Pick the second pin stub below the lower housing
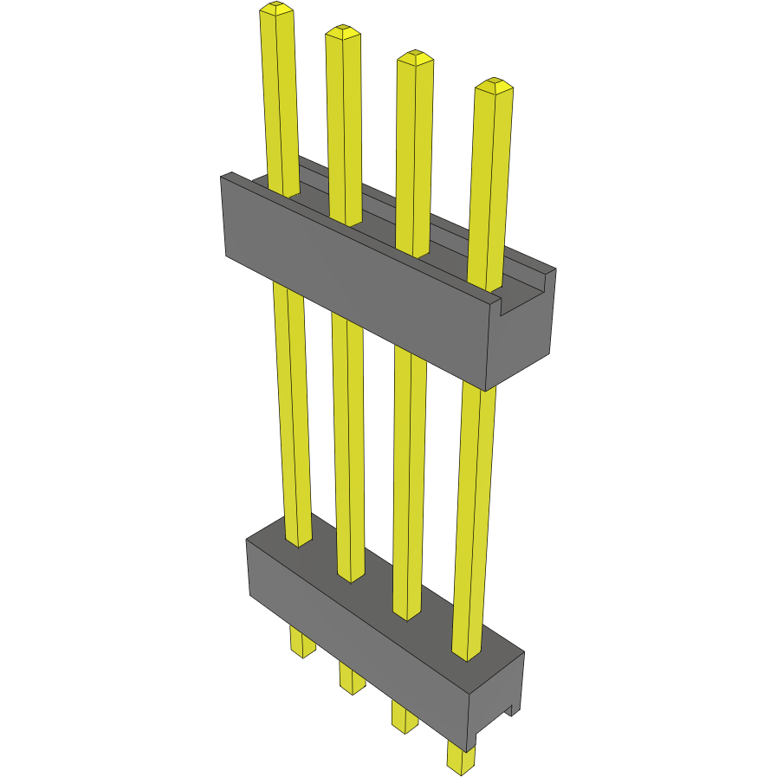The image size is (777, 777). [x=352, y=679]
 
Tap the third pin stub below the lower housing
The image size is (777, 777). [x=404, y=716]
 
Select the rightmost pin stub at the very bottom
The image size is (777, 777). [x=461, y=756]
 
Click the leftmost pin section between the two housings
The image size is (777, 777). [x=292, y=407]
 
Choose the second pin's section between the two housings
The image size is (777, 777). [x=348, y=442]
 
